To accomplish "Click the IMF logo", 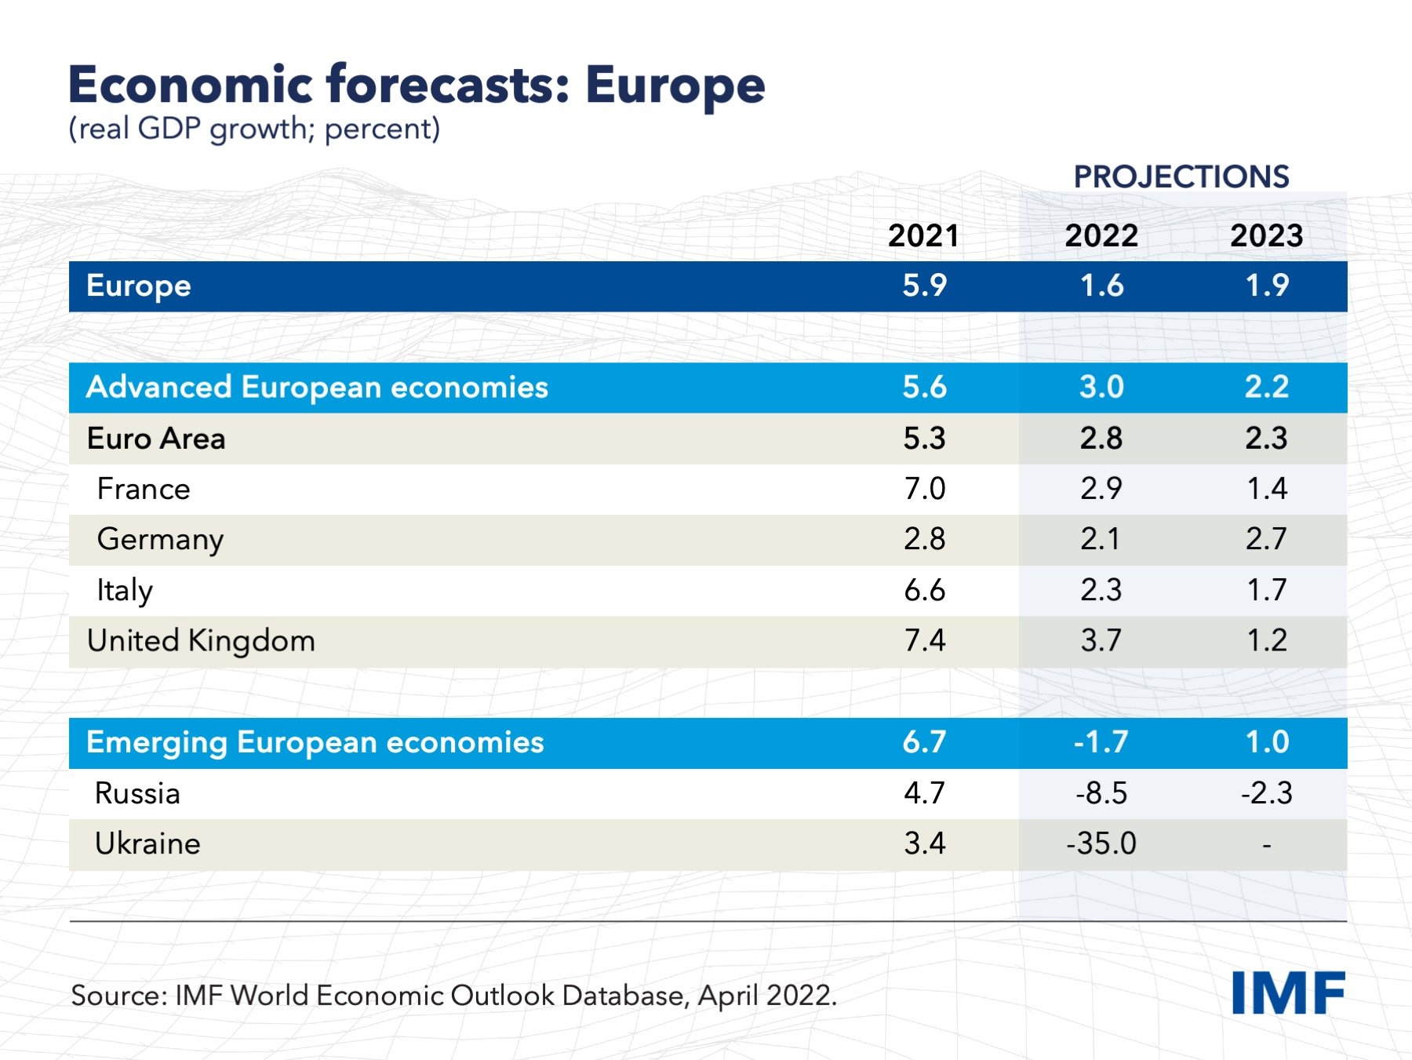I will click(x=1287, y=993).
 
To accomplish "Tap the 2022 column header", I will click(x=1101, y=235).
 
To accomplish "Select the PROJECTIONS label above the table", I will click(x=1181, y=177).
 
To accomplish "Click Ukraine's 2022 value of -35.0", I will click(x=1101, y=843).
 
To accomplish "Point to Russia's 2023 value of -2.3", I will click(x=1266, y=792).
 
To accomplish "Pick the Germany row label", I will click(x=160, y=540).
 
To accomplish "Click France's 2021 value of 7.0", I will click(x=924, y=489).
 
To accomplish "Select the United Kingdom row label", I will click(x=201, y=641).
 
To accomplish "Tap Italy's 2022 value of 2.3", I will click(x=1101, y=590).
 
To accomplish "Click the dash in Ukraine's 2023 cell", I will click(x=1266, y=845).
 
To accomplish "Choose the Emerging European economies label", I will click(x=315, y=742).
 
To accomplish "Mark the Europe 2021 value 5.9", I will click(x=924, y=286).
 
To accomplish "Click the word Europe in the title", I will click(x=675, y=85).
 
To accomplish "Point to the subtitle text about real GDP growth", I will click(x=254, y=129).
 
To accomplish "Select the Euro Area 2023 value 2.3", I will click(x=1266, y=438).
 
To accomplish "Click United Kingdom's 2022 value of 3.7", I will click(x=1101, y=641).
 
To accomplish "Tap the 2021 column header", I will click(x=923, y=235).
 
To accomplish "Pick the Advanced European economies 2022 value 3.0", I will click(x=1101, y=387).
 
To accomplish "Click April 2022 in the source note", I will click(x=766, y=995).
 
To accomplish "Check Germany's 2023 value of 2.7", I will click(x=1266, y=539).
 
